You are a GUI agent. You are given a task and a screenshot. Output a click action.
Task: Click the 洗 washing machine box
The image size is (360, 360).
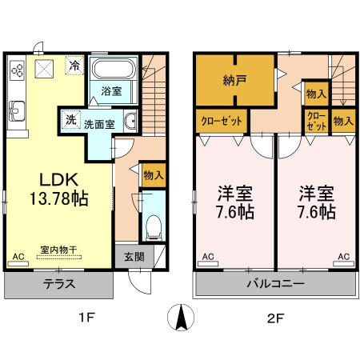(70, 121)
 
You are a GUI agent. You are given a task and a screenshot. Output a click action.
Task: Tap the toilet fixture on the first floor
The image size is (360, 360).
(153, 223)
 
